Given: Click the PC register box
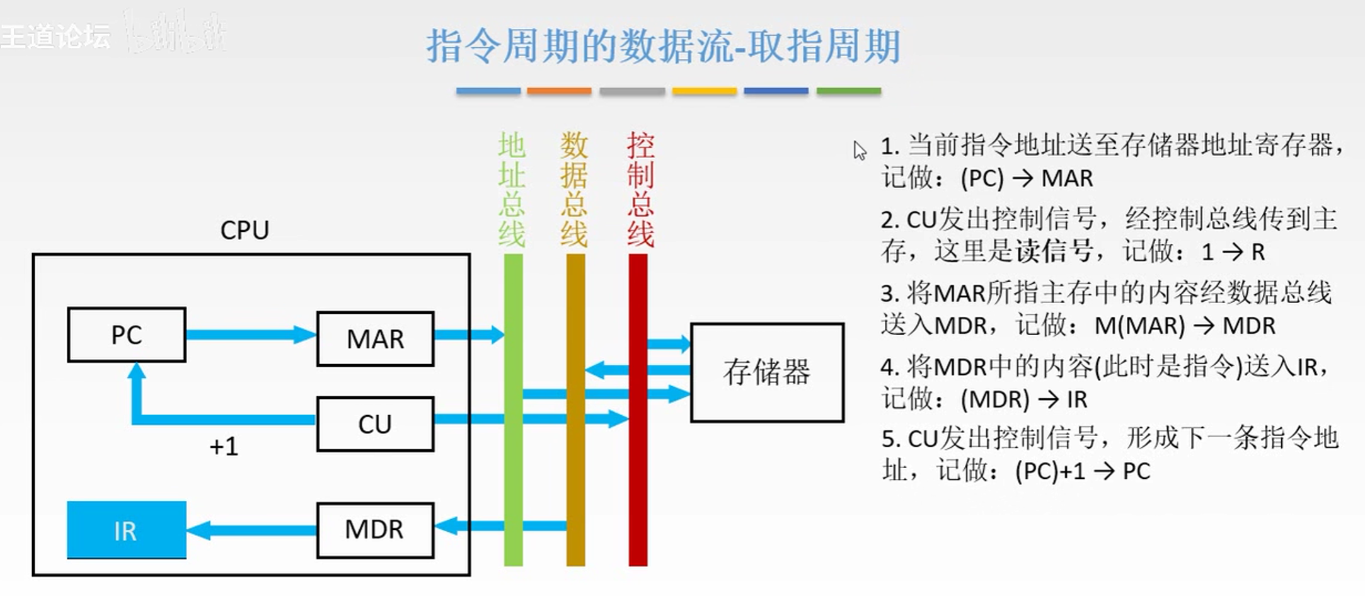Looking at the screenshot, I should (127, 335).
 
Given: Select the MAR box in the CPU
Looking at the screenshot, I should (375, 339).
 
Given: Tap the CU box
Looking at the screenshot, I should (375, 424).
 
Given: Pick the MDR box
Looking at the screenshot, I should (375, 530).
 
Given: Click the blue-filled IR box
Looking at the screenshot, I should (127, 530).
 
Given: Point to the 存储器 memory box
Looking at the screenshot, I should (767, 372).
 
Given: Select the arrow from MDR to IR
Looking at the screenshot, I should (251, 530).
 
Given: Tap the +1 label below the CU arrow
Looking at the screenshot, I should (224, 447).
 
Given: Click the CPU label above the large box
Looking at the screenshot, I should (245, 231).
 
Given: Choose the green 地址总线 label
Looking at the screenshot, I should (512, 189).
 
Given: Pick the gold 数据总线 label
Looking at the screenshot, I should (574, 189).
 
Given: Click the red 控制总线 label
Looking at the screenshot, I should (640, 189).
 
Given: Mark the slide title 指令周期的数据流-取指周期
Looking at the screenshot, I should (663, 47).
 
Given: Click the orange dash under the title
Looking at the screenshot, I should (559, 91).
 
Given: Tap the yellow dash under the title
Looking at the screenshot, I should (704, 91).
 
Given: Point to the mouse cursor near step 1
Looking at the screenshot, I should (859, 150).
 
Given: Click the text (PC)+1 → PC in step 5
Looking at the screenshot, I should (1083, 471).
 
